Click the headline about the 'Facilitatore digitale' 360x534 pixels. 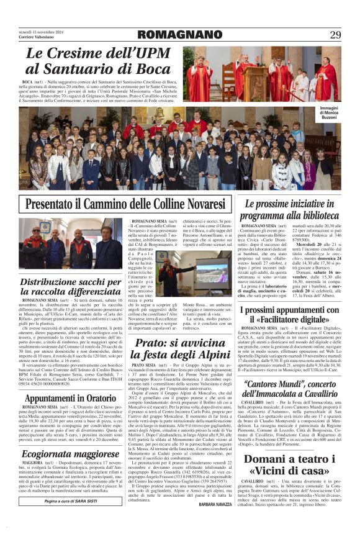click(289, 315)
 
